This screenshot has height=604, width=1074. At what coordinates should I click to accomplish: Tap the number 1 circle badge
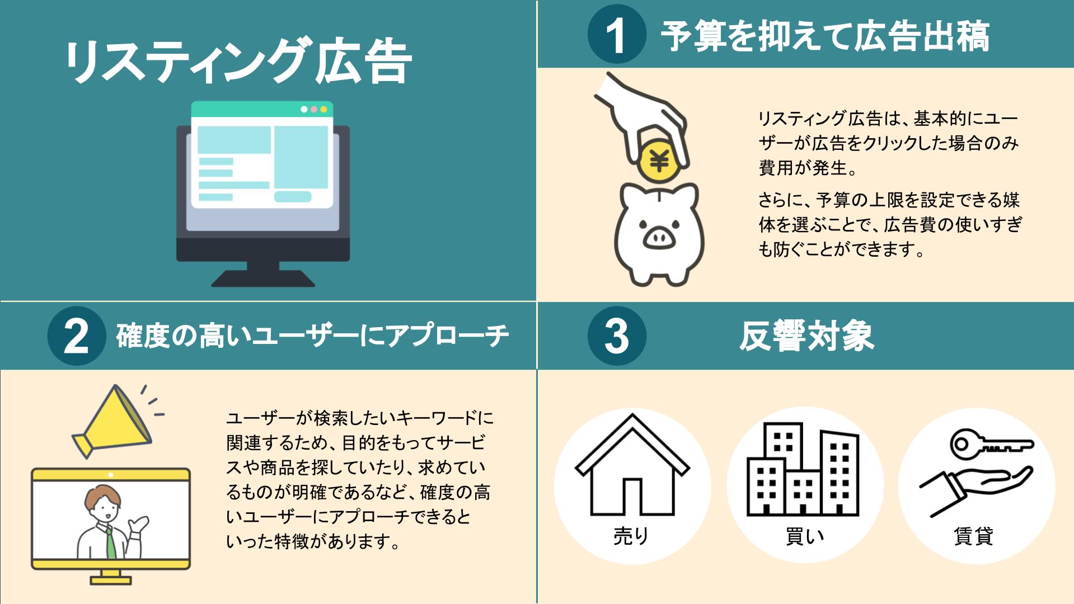[616, 35]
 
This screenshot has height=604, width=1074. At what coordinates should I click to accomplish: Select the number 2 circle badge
[77, 336]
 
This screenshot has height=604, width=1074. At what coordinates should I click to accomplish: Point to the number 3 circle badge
[617, 336]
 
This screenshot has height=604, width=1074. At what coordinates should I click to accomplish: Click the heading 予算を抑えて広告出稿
[825, 36]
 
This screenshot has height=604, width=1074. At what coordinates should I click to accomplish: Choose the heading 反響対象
[806, 336]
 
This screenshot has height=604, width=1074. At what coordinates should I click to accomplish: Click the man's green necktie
[111, 541]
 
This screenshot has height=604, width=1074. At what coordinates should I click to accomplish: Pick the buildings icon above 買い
[803, 469]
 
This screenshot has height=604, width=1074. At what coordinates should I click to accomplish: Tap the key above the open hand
[991, 445]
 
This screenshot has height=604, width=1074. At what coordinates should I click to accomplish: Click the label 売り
[631, 536]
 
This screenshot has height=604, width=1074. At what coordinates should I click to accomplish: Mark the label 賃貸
[974, 536]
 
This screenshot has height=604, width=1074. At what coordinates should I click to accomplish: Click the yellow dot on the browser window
[323, 109]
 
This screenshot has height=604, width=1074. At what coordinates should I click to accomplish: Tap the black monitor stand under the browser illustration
[263, 273]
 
